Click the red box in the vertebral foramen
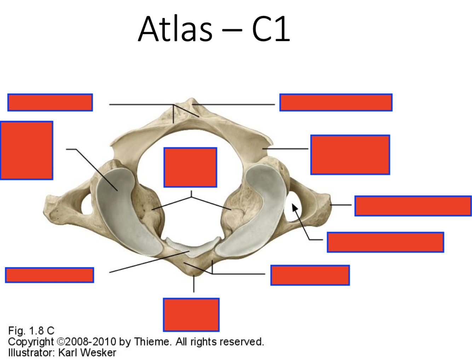coord(190,167)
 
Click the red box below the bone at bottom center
coord(191,314)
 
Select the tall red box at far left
coord(27,150)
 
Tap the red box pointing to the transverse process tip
coord(413,205)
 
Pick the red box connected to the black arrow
coord(385,242)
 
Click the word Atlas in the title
coord(175,29)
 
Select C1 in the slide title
coord(271,29)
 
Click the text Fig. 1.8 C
coord(31,331)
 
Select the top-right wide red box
coord(335,102)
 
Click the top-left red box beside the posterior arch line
coord(50,102)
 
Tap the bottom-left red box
coord(50,275)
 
